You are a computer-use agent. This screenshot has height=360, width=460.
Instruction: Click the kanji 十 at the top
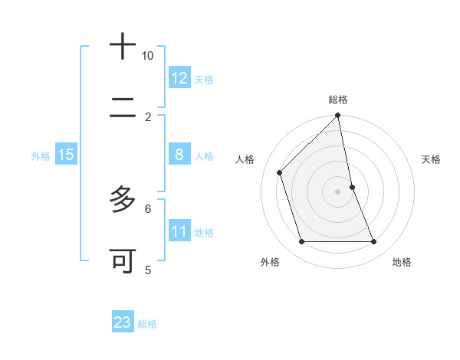click(x=123, y=47)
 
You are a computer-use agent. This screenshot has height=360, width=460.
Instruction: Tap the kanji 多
click(x=123, y=200)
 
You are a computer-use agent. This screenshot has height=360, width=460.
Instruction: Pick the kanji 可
click(x=123, y=261)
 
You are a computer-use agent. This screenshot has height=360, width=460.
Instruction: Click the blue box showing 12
click(x=179, y=78)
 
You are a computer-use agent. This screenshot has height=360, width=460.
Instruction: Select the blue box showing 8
click(x=179, y=155)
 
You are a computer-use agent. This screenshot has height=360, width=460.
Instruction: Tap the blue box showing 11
click(x=179, y=231)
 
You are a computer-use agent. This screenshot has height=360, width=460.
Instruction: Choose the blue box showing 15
click(x=66, y=155)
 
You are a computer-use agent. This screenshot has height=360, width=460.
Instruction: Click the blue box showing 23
click(x=123, y=322)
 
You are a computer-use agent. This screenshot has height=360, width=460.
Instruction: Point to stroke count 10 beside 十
click(x=147, y=56)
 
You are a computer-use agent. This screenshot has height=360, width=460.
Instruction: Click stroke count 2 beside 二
click(x=148, y=117)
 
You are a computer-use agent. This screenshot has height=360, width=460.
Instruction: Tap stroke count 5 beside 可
click(x=148, y=270)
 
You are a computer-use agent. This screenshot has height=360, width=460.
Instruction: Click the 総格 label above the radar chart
click(x=338, y=100)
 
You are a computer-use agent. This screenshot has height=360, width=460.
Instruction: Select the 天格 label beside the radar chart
click(x=432, y=159)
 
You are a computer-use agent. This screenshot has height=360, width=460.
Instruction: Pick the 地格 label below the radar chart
click(x=402, y=262)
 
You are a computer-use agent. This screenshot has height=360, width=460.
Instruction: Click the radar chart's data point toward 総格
click(x=338, y=116)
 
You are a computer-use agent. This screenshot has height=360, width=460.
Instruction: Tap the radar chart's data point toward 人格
click(x=280, y=172)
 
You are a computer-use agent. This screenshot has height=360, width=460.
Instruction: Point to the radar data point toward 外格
click(x=302, y=242)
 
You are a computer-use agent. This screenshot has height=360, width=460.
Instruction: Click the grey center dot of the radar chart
click(x=338, y=191)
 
